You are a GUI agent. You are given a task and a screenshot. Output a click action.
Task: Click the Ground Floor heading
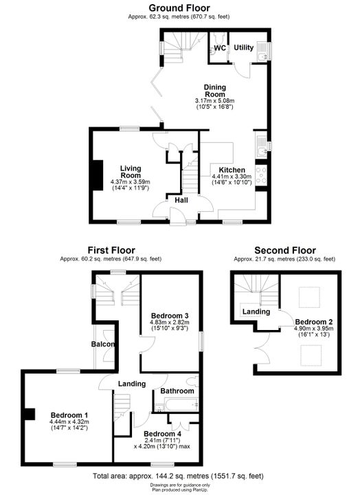point(179,8)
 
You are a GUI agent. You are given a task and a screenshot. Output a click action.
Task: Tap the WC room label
point(220,48)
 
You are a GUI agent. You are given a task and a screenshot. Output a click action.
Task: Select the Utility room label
point(244,47)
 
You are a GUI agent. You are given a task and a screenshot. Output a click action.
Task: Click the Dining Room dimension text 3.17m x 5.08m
point(215,101)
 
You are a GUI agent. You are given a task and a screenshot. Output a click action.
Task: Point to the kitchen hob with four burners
point(262,175)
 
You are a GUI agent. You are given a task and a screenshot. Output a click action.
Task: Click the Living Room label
point(131,172)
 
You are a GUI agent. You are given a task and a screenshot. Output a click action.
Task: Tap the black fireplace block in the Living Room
point(98,175)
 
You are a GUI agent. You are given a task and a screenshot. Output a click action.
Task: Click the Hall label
point(181,200)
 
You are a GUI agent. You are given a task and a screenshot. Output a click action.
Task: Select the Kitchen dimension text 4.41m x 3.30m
point(232,177)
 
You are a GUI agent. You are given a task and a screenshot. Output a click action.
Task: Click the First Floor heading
point(111,250)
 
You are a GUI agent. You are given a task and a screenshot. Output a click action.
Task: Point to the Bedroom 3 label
point(170,316)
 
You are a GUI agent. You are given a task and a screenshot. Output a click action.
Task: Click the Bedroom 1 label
point(69,415)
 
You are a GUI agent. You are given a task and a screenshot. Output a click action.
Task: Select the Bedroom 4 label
point(163,434)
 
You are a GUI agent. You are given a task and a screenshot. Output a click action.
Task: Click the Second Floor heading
point(285,251)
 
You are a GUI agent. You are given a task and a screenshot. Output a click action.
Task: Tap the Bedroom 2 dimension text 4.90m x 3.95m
point(314,329)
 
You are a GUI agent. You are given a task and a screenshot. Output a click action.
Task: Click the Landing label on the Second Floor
point(256,312)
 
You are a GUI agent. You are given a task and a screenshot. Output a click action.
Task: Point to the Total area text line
point(178,476)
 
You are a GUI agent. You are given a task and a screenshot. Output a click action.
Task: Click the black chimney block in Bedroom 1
point(30,414)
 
